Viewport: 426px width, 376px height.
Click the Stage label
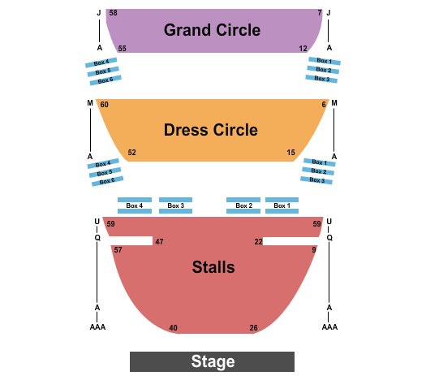click(x=213, y=361)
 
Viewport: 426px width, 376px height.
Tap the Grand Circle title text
click(x=212, y=30)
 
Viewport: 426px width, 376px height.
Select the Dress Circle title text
click(x=210, y=130)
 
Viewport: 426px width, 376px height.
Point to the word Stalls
click(x=213, y=267)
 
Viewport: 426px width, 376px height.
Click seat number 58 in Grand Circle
click(x=113, y=13)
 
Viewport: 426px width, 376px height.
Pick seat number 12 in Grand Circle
click(x=303, y=49)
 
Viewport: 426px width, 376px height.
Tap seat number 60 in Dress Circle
click(x=105, y=105)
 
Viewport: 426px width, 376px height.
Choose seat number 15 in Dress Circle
click(x=290, y=152)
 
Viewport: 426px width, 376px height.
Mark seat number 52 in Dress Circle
click(x=131, y=152)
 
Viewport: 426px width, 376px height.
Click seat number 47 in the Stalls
click(x=159, y=242)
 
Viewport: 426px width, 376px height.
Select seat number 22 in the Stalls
click(x=258, y=242)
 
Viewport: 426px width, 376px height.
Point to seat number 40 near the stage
click(x=173, y=328)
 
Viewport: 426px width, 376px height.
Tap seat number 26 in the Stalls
click(x=253, y=328)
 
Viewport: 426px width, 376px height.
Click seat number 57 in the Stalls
click(x=118, y=250)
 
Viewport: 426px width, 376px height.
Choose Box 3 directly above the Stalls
click(x=176, y=205)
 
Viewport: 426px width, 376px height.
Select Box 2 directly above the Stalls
click(x=243, y=205)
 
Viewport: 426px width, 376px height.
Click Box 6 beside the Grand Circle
click(x=105, y=80)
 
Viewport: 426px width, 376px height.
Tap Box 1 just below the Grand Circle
click(x=325, y=61)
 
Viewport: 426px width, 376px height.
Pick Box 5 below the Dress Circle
click(x=105, y=173)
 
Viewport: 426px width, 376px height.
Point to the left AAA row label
click(x=97, y=326)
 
